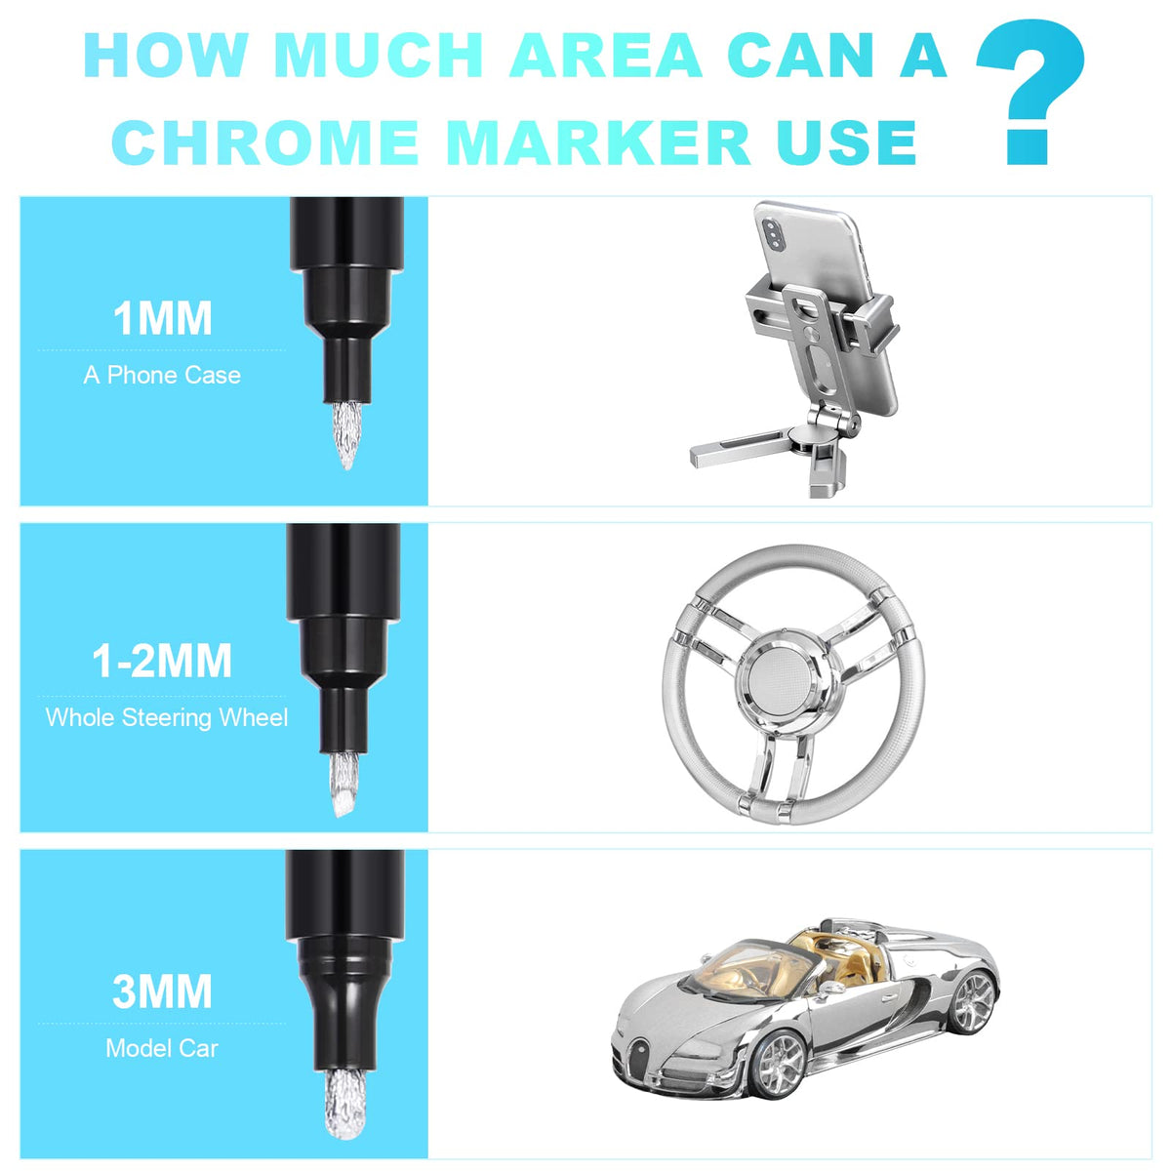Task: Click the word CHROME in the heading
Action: tap(265, 141)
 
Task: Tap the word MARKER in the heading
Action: tap(601, 141)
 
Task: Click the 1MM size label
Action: tap(162, 318)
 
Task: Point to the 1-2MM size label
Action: tap(162, 661)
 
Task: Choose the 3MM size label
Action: tap(162, 992)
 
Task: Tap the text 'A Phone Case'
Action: tap(162, 375)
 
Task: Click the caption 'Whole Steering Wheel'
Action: tap(167, 717)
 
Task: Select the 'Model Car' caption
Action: tap(162, 1048)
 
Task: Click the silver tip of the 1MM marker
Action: tap(346, 434)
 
